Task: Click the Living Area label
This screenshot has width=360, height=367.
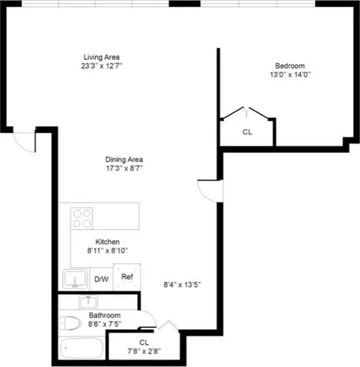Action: (102, 57)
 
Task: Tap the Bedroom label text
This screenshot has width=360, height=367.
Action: (291, 66)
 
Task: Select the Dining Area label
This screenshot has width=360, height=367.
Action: (123, 159)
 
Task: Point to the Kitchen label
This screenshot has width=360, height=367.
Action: (106, 241)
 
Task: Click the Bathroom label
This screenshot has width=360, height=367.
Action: (103, 314)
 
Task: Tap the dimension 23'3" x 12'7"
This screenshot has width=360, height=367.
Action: (102, 67)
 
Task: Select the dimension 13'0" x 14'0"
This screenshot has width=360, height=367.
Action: (291, 75)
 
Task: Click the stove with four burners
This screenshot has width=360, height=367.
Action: (82, 219)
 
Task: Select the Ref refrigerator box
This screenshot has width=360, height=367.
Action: (127, 277)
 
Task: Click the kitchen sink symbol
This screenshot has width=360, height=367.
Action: (75, 278)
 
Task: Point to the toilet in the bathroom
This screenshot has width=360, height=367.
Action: (70, 322)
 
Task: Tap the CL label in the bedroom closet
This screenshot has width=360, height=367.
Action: (247, 132)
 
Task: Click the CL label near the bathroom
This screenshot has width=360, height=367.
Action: (144, 342)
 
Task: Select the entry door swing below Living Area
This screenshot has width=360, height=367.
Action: (25, 141)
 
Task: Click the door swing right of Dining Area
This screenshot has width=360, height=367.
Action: (209, 190)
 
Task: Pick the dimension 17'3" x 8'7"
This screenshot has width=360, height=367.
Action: (124, 168)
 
